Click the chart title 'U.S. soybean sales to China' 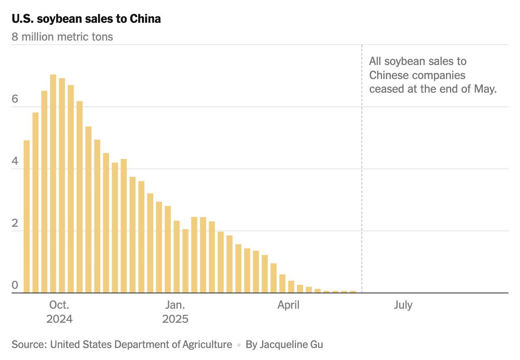tap(86, 19)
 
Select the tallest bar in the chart tap(53, 184)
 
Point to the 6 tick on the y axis tap(15, 99)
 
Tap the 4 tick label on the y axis tap(15, 161)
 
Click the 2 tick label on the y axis tap(15, 223)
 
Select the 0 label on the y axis tap(15, 286)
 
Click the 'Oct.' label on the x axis tap(59, 305)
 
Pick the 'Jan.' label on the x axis tap(175, 305)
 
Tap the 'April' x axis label tap(289, 305)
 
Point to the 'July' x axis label tap(403, 305)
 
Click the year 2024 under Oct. tap(59, 319)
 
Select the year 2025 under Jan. tap(175, 319)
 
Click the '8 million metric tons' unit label tap(62, 37)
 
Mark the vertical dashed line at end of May tap(362, 166)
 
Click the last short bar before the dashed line tap(353, 292)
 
